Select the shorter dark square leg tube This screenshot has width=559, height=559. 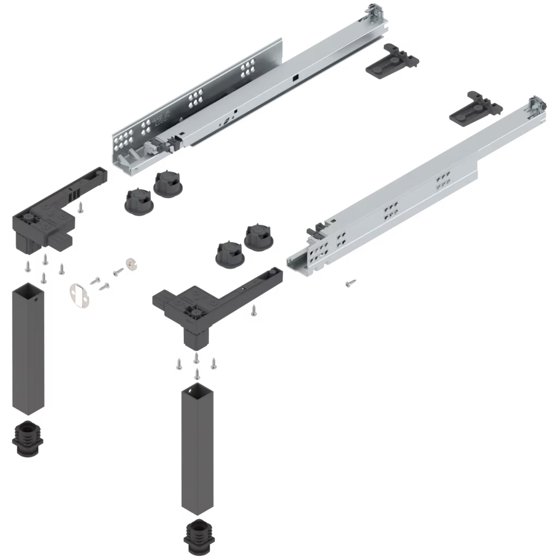coord(27,349)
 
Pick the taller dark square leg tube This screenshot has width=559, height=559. coord(197,448)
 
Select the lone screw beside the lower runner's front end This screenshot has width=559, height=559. coord(350,283)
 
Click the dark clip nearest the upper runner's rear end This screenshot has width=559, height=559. coord(391,61)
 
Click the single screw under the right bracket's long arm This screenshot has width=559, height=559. coord(253,311)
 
